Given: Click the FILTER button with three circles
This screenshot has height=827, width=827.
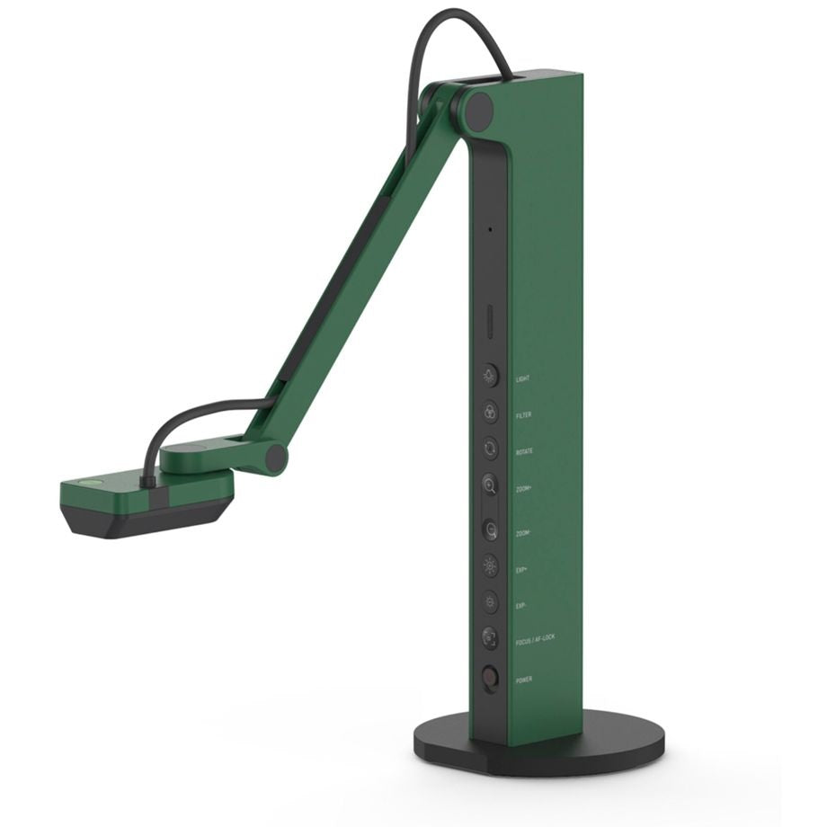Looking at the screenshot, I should [x=490, y=411].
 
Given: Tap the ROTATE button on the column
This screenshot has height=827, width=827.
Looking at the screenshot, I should [x=490, y=447].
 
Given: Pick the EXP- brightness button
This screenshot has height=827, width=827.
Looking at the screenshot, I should [x=490, y=602].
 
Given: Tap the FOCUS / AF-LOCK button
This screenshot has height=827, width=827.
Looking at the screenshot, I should [x=490, y=639].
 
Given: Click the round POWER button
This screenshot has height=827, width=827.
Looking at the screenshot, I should [x=490, y=677].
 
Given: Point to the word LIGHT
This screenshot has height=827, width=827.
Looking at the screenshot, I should [x=522, y=379].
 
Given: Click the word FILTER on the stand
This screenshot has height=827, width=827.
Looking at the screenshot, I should [x=523, y=415].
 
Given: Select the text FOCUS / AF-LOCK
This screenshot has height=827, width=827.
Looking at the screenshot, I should [x=536, y=642].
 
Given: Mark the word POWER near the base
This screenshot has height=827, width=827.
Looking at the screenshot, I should [x=524, y=680].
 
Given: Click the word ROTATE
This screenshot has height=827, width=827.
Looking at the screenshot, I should [x=524, y=451].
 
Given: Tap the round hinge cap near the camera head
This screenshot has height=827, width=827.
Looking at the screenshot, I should [x=272, y=458].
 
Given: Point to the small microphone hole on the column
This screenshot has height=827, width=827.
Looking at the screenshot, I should [x=490, y=229].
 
